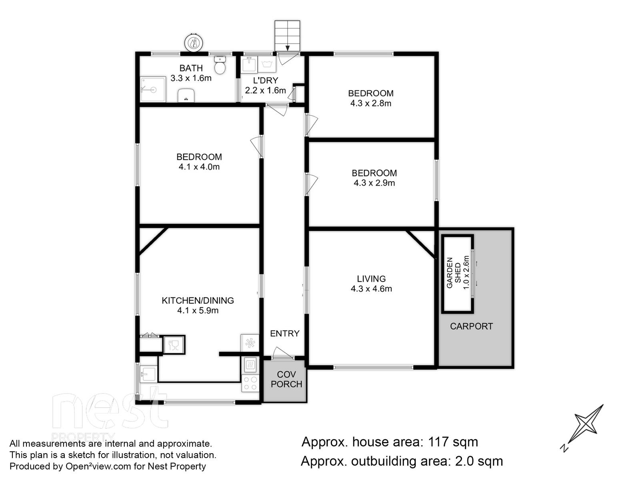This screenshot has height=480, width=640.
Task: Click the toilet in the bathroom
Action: click(220, 65)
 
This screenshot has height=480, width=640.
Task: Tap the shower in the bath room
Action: click(153, 89)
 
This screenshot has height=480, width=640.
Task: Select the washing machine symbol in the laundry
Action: click(267, 64)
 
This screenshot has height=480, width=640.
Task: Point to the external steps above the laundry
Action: click(287, 36)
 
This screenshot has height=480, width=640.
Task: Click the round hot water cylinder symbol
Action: click(194, 43)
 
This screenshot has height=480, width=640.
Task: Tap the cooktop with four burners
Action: click(250, 383)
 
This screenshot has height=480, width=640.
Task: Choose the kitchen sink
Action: click(148, 374)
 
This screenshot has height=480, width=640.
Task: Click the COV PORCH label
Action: click(286, 379)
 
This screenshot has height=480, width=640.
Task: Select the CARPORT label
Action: click(471, 326)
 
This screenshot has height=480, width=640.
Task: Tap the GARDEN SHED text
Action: click(454, 273)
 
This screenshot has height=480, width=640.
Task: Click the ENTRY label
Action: click(284, 334)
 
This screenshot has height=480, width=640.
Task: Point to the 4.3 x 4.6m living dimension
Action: click(371, 289)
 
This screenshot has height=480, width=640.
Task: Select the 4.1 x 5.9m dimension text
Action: click(198, 310)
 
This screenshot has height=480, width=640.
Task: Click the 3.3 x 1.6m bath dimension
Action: click(191, 78)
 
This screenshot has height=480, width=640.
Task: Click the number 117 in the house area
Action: click(438, 442)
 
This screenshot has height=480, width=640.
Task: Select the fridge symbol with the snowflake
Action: click(250, 343)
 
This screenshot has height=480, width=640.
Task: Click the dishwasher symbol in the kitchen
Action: click(174, 345)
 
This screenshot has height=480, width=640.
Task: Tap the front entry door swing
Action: click(282, 353)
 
